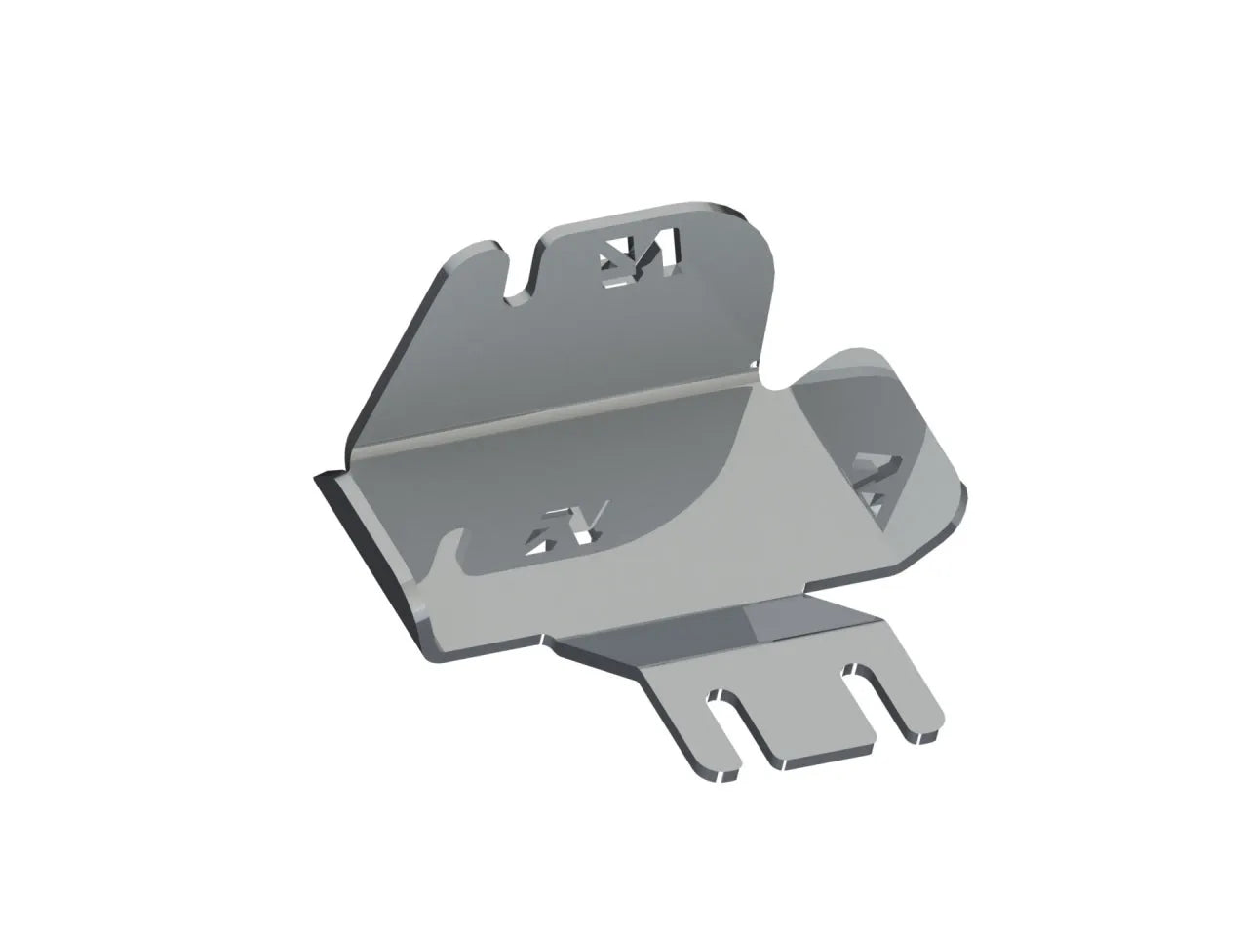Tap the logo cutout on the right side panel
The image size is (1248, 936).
871,483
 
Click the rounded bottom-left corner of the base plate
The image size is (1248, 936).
434,653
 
